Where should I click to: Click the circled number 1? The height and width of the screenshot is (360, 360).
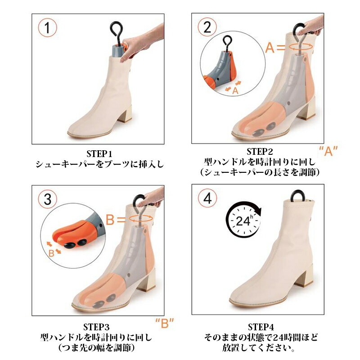tap(47, 27)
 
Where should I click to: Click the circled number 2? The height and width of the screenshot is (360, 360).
tap(207, 27)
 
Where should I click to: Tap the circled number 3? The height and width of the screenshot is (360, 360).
tap(47, 199)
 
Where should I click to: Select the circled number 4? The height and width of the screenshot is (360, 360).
tap(207, 198)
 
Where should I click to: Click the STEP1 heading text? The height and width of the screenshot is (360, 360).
tap(99, 153)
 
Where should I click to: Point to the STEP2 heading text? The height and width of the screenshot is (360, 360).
tap(260, 152)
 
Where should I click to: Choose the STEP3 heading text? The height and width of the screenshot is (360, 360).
tap(96, 327)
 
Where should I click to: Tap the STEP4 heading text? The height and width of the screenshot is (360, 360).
tap(261, 327)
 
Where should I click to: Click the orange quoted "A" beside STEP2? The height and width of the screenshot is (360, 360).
tap(328, 151)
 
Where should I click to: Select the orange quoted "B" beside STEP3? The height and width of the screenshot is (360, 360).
tap(165, 323)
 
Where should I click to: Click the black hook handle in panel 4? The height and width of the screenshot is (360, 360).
tap(298, 196)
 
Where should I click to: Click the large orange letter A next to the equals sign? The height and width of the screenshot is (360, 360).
tap(270, 48)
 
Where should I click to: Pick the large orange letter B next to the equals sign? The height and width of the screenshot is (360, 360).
tap(110, 219)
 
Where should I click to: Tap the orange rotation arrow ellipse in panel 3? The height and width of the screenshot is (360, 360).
tap(141, 219)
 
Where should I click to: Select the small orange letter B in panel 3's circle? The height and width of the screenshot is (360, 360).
tap(51, 253)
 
